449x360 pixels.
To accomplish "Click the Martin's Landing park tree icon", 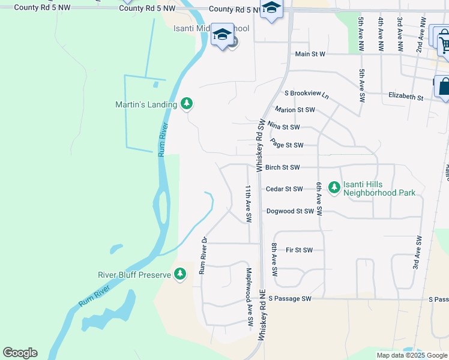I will coord(187,104).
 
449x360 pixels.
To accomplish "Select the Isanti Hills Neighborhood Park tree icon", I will coord(334,188).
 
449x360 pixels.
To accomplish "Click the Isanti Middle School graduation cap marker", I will coord(221,35).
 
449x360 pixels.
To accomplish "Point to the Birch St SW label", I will coord(291,168).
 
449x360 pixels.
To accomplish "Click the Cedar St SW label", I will coord(284,189).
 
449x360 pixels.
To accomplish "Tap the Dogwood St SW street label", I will coord(290,211).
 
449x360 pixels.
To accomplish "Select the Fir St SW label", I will coord(300,250).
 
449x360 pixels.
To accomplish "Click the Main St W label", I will coord(310,54).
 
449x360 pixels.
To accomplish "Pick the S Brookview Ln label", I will coord(307,95).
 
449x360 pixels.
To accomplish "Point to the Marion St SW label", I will coord(294,110).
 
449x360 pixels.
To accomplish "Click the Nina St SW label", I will coord(283,127).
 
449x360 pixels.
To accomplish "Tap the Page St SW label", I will coord(286,144).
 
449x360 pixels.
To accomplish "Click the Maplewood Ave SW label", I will coord(249,297).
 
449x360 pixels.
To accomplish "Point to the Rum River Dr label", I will coord(203,256).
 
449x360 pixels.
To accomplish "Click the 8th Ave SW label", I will coord(274,259).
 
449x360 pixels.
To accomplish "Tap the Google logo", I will coord(20,353).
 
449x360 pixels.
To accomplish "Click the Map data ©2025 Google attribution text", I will coord(412,355).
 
